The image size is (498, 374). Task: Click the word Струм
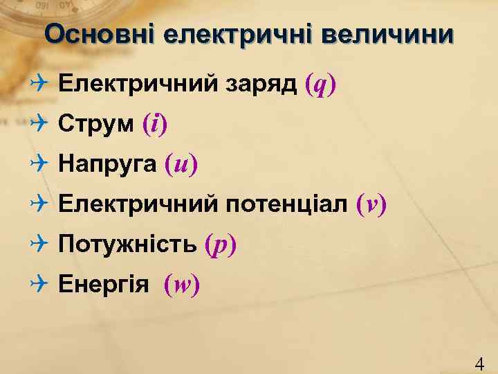point(96,125)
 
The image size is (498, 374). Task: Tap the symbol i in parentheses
point(155,125)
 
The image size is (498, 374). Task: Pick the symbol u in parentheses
point(181,165)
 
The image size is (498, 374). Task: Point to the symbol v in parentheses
point(371,204)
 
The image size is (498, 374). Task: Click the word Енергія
point(103,284)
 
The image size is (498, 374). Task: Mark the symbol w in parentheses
point(182,285)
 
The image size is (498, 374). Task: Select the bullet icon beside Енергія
point(39,283)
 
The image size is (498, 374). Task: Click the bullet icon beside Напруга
point(39,164)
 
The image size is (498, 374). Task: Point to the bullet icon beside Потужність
point(39,244)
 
